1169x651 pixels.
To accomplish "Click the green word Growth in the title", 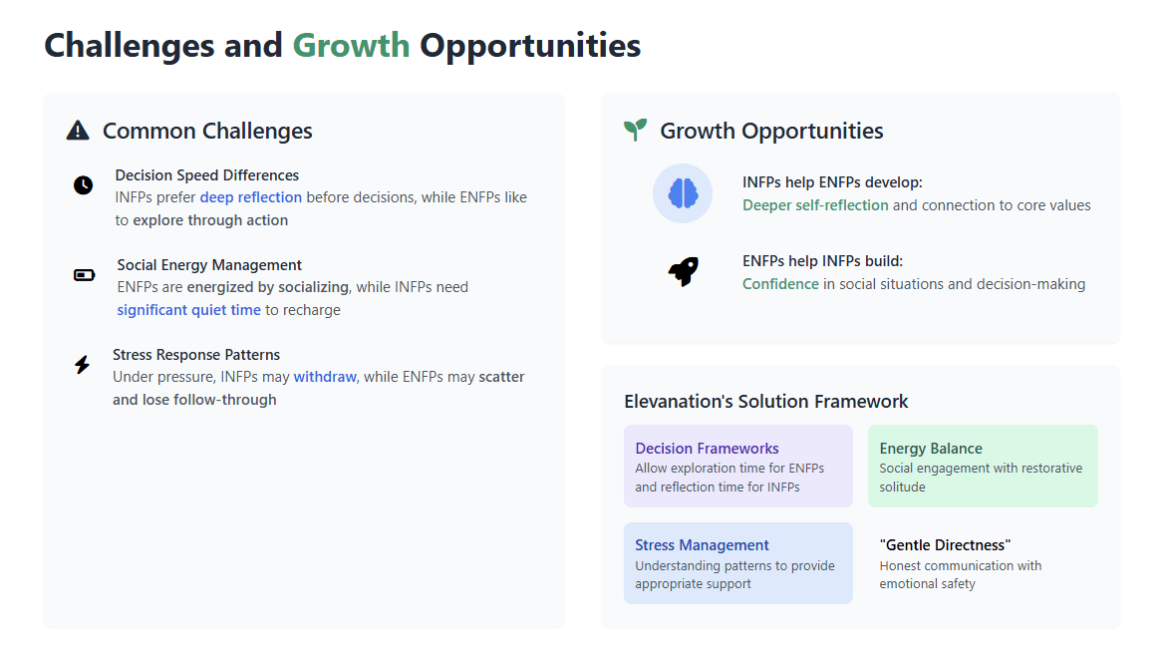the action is tap(351, 46).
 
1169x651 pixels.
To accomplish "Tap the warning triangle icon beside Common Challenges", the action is tap(78, 131).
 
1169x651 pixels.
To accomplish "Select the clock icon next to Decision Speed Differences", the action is tap(84, 185).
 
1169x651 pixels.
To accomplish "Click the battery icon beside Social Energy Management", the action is tap(85, 275).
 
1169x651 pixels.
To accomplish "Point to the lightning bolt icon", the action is tap(82, 365).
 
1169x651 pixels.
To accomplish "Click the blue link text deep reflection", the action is tap(250, 197).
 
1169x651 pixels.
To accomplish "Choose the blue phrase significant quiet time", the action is tap(188, 310).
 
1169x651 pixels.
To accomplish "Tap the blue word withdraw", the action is tap(325, 377).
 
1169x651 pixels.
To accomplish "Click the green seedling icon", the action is tap(635, 130).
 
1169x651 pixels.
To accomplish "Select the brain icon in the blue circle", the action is tap(683, 193).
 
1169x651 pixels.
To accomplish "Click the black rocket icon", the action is tap(683, 272).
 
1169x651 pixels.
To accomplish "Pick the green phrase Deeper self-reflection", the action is tap(815, 205).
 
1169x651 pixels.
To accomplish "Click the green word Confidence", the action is tap(780, 284).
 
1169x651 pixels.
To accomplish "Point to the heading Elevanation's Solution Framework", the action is tap(765, 401).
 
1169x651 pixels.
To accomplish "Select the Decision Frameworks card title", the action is tap(707, 449).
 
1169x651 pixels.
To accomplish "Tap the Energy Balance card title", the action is tap(931, 449).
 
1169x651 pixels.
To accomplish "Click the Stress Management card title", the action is tap(702, 545).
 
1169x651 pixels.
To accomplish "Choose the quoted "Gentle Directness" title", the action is tap(945, 545).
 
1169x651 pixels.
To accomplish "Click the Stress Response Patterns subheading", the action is tap(196, 355).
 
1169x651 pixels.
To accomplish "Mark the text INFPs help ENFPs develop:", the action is tap(832, 182).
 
